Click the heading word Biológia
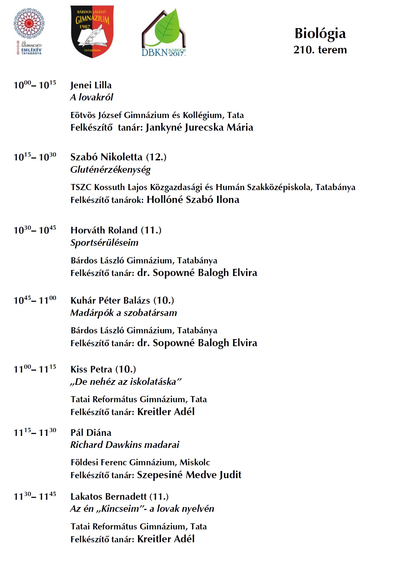320,34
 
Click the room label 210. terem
320,50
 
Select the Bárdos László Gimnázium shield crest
92,31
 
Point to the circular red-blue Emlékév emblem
29,24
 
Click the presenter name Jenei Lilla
91,85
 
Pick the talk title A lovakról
91,98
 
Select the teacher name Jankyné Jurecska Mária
199,127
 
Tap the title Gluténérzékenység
110,170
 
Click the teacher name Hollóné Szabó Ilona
193,200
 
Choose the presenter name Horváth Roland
104,230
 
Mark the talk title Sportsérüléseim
104,243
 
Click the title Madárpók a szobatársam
123,313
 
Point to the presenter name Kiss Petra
91,369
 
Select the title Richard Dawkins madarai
125,445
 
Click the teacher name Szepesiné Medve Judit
189,475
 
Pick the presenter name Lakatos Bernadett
108,497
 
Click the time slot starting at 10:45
35,300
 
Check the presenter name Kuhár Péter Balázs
110,300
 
